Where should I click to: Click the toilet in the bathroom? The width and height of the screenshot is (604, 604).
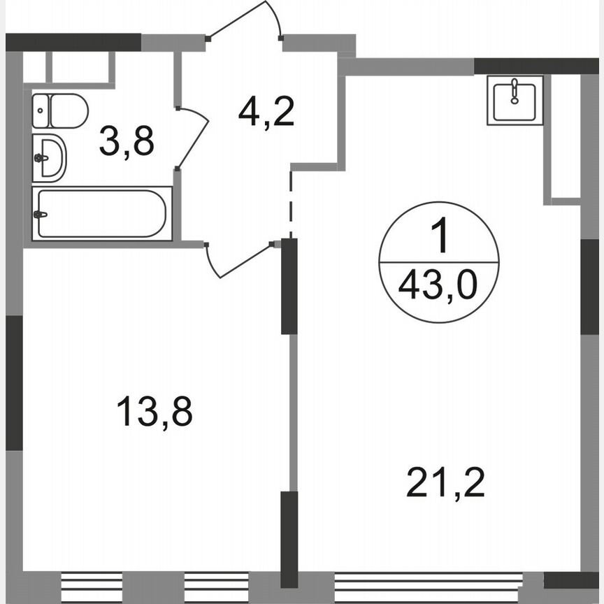click(x=62, y=111)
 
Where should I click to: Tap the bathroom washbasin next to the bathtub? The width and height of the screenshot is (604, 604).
click(x=49, y=157)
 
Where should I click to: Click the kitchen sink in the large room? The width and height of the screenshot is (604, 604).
click(x=515, y=101)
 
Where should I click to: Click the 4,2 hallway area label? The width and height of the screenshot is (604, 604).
click(x=266, y=111)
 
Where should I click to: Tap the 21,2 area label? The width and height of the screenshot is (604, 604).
click(x=445, y=482)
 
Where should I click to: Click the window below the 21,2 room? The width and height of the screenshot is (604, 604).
click(x=429, y=582)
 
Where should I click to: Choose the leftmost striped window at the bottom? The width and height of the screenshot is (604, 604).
click(x=92, y=582)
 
